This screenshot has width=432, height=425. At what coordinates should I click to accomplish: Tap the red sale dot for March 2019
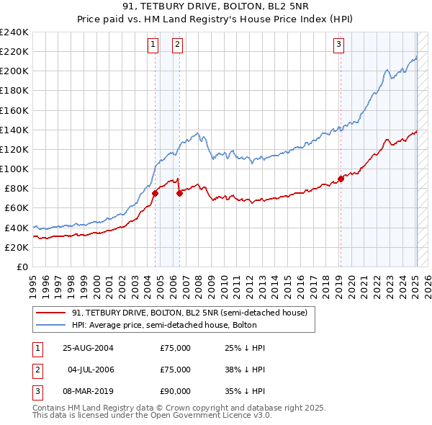pos(341,179)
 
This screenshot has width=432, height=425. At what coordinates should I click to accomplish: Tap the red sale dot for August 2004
pos(155,193)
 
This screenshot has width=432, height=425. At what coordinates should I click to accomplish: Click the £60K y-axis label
pos(16,208)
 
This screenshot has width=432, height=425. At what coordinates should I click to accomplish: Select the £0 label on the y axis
pos(22,267)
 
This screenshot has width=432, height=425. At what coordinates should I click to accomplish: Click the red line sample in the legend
pos(51,313)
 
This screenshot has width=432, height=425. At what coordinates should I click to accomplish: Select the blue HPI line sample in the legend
pos(51,325)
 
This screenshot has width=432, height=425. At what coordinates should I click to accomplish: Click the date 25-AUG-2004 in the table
pos(88,348)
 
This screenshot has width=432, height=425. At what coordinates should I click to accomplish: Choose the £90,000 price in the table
pos(175,391)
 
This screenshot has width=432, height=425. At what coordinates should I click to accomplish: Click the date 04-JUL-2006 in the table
pos(90,370)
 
